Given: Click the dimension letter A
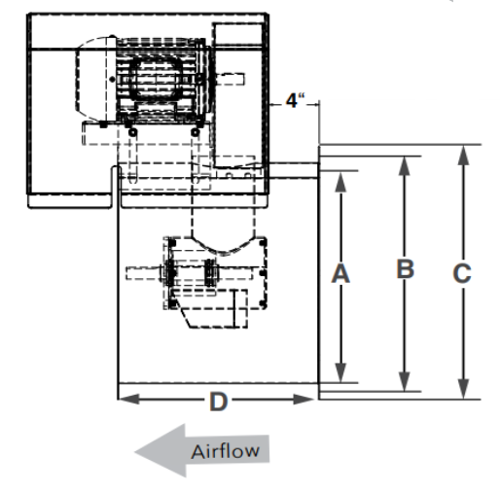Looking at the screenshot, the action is click(340, 274).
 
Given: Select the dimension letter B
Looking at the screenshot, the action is click(406, 268).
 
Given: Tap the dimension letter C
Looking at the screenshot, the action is click(462, 273).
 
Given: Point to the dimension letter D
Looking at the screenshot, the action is click(219, 402).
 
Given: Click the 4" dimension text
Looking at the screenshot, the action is click(295, 100).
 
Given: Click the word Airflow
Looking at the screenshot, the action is click(226, 451).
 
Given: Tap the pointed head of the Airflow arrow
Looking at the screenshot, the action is click(135, 451).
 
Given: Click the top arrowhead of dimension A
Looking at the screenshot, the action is click(340, 182).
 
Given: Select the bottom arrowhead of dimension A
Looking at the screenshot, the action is click(340, 372).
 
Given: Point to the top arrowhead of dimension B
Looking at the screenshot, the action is click(404, 166).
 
